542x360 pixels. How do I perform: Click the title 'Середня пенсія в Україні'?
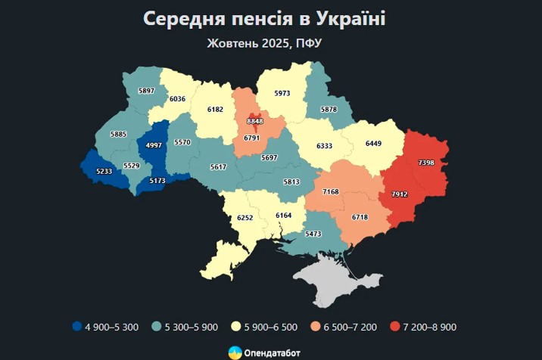(x=264, y=18)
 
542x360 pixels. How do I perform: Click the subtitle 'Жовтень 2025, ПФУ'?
(x=264, y=43)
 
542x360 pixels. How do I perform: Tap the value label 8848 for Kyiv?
(x=256, y=120)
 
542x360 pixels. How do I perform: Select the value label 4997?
(x=154, y=145)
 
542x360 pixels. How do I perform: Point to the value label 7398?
(x=425, y=163)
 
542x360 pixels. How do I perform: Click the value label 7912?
(x=400, y=194)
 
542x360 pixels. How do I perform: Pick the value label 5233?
(x=104, y=172)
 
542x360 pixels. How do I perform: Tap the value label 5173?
(x=157, y=181)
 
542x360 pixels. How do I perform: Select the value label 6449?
(x=373, y=143)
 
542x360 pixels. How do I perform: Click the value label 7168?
(x=331, y=192)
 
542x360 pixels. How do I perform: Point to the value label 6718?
(x=360, y=217)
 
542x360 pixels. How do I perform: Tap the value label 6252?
(x=245, y=217)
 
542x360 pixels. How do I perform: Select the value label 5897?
(x=146, y=91)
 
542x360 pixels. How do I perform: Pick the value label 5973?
(x=282, y=93)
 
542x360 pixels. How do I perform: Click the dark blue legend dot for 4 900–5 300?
(x=76, y=327)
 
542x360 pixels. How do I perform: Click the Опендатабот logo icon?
(x=235, y=352)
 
